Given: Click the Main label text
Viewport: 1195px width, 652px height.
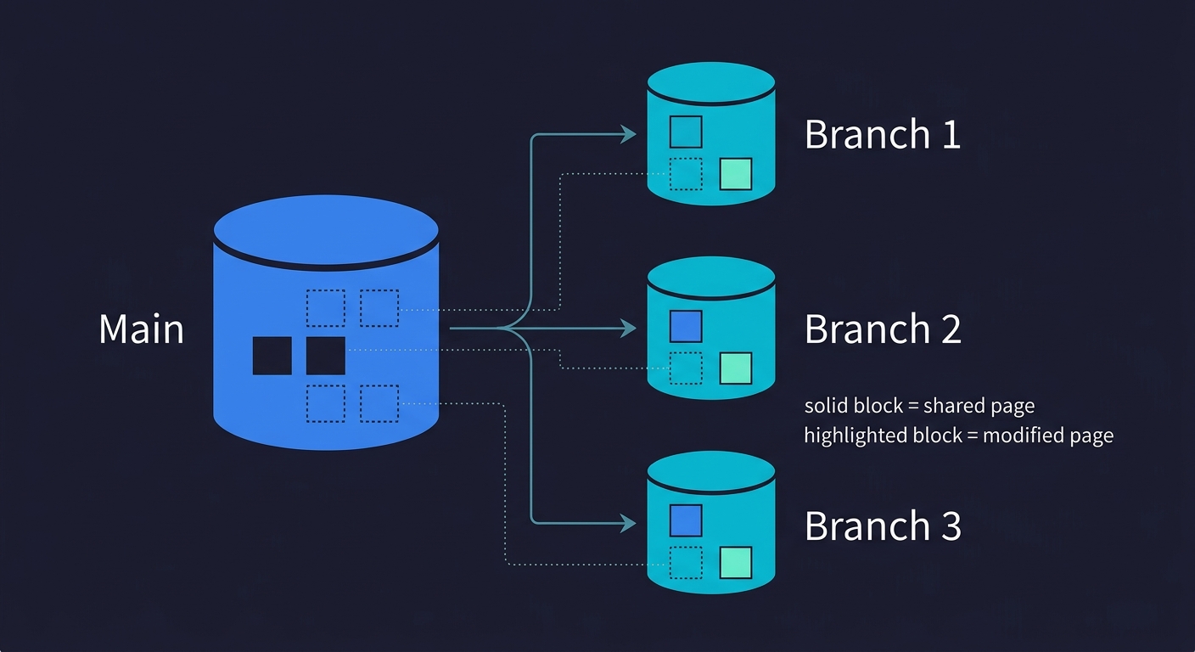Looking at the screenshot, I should pyautogui.click(x=141, y=329).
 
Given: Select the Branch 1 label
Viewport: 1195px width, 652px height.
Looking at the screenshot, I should pyautogui.click(x=882, y=134).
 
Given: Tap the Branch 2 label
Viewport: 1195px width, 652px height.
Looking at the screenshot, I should pyautogui.click(x=882, y=329).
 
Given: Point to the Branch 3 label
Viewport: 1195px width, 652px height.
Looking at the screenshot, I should pyautogui.click(x=882, y=526).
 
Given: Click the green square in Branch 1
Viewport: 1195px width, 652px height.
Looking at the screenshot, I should pyautogui.click(x=735, y=174).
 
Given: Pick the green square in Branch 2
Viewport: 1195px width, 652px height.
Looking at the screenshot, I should pyautogui.click(x=735, y=368).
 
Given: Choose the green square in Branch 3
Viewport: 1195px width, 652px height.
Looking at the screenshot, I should pyautogui.click(x=735, y=563).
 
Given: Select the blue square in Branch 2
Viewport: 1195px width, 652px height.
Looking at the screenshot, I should pyautogui.click(x=686, y=326).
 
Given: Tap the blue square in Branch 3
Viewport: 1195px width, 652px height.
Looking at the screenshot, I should pyautogui.click(x=686, y=520).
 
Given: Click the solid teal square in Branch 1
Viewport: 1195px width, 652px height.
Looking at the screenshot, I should pyautogui.click(x=686, y=132).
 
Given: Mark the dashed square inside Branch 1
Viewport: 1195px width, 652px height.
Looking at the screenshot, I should pyautogui.click(x=686, y=174).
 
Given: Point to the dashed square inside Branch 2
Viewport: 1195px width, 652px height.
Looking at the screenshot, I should pyautogui.click(x=686, y=368).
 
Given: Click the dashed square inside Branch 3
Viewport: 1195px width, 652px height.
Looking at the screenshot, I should pyautogui.click(x=686, y=563).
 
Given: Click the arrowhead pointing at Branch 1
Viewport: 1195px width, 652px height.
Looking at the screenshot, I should pyautogui.click(x=628, y=133).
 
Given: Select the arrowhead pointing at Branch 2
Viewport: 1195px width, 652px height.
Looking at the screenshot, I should pyautogui.click(x=628, y=328).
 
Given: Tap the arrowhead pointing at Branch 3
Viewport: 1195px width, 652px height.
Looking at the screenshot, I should pyautogui.click(x=628, y=523).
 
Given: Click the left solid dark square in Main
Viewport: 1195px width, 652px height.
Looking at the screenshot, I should pyautogui.click(x=272, y=356).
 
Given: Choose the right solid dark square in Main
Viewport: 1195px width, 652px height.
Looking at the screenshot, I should pyautogui.click(x=325, y=356).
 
